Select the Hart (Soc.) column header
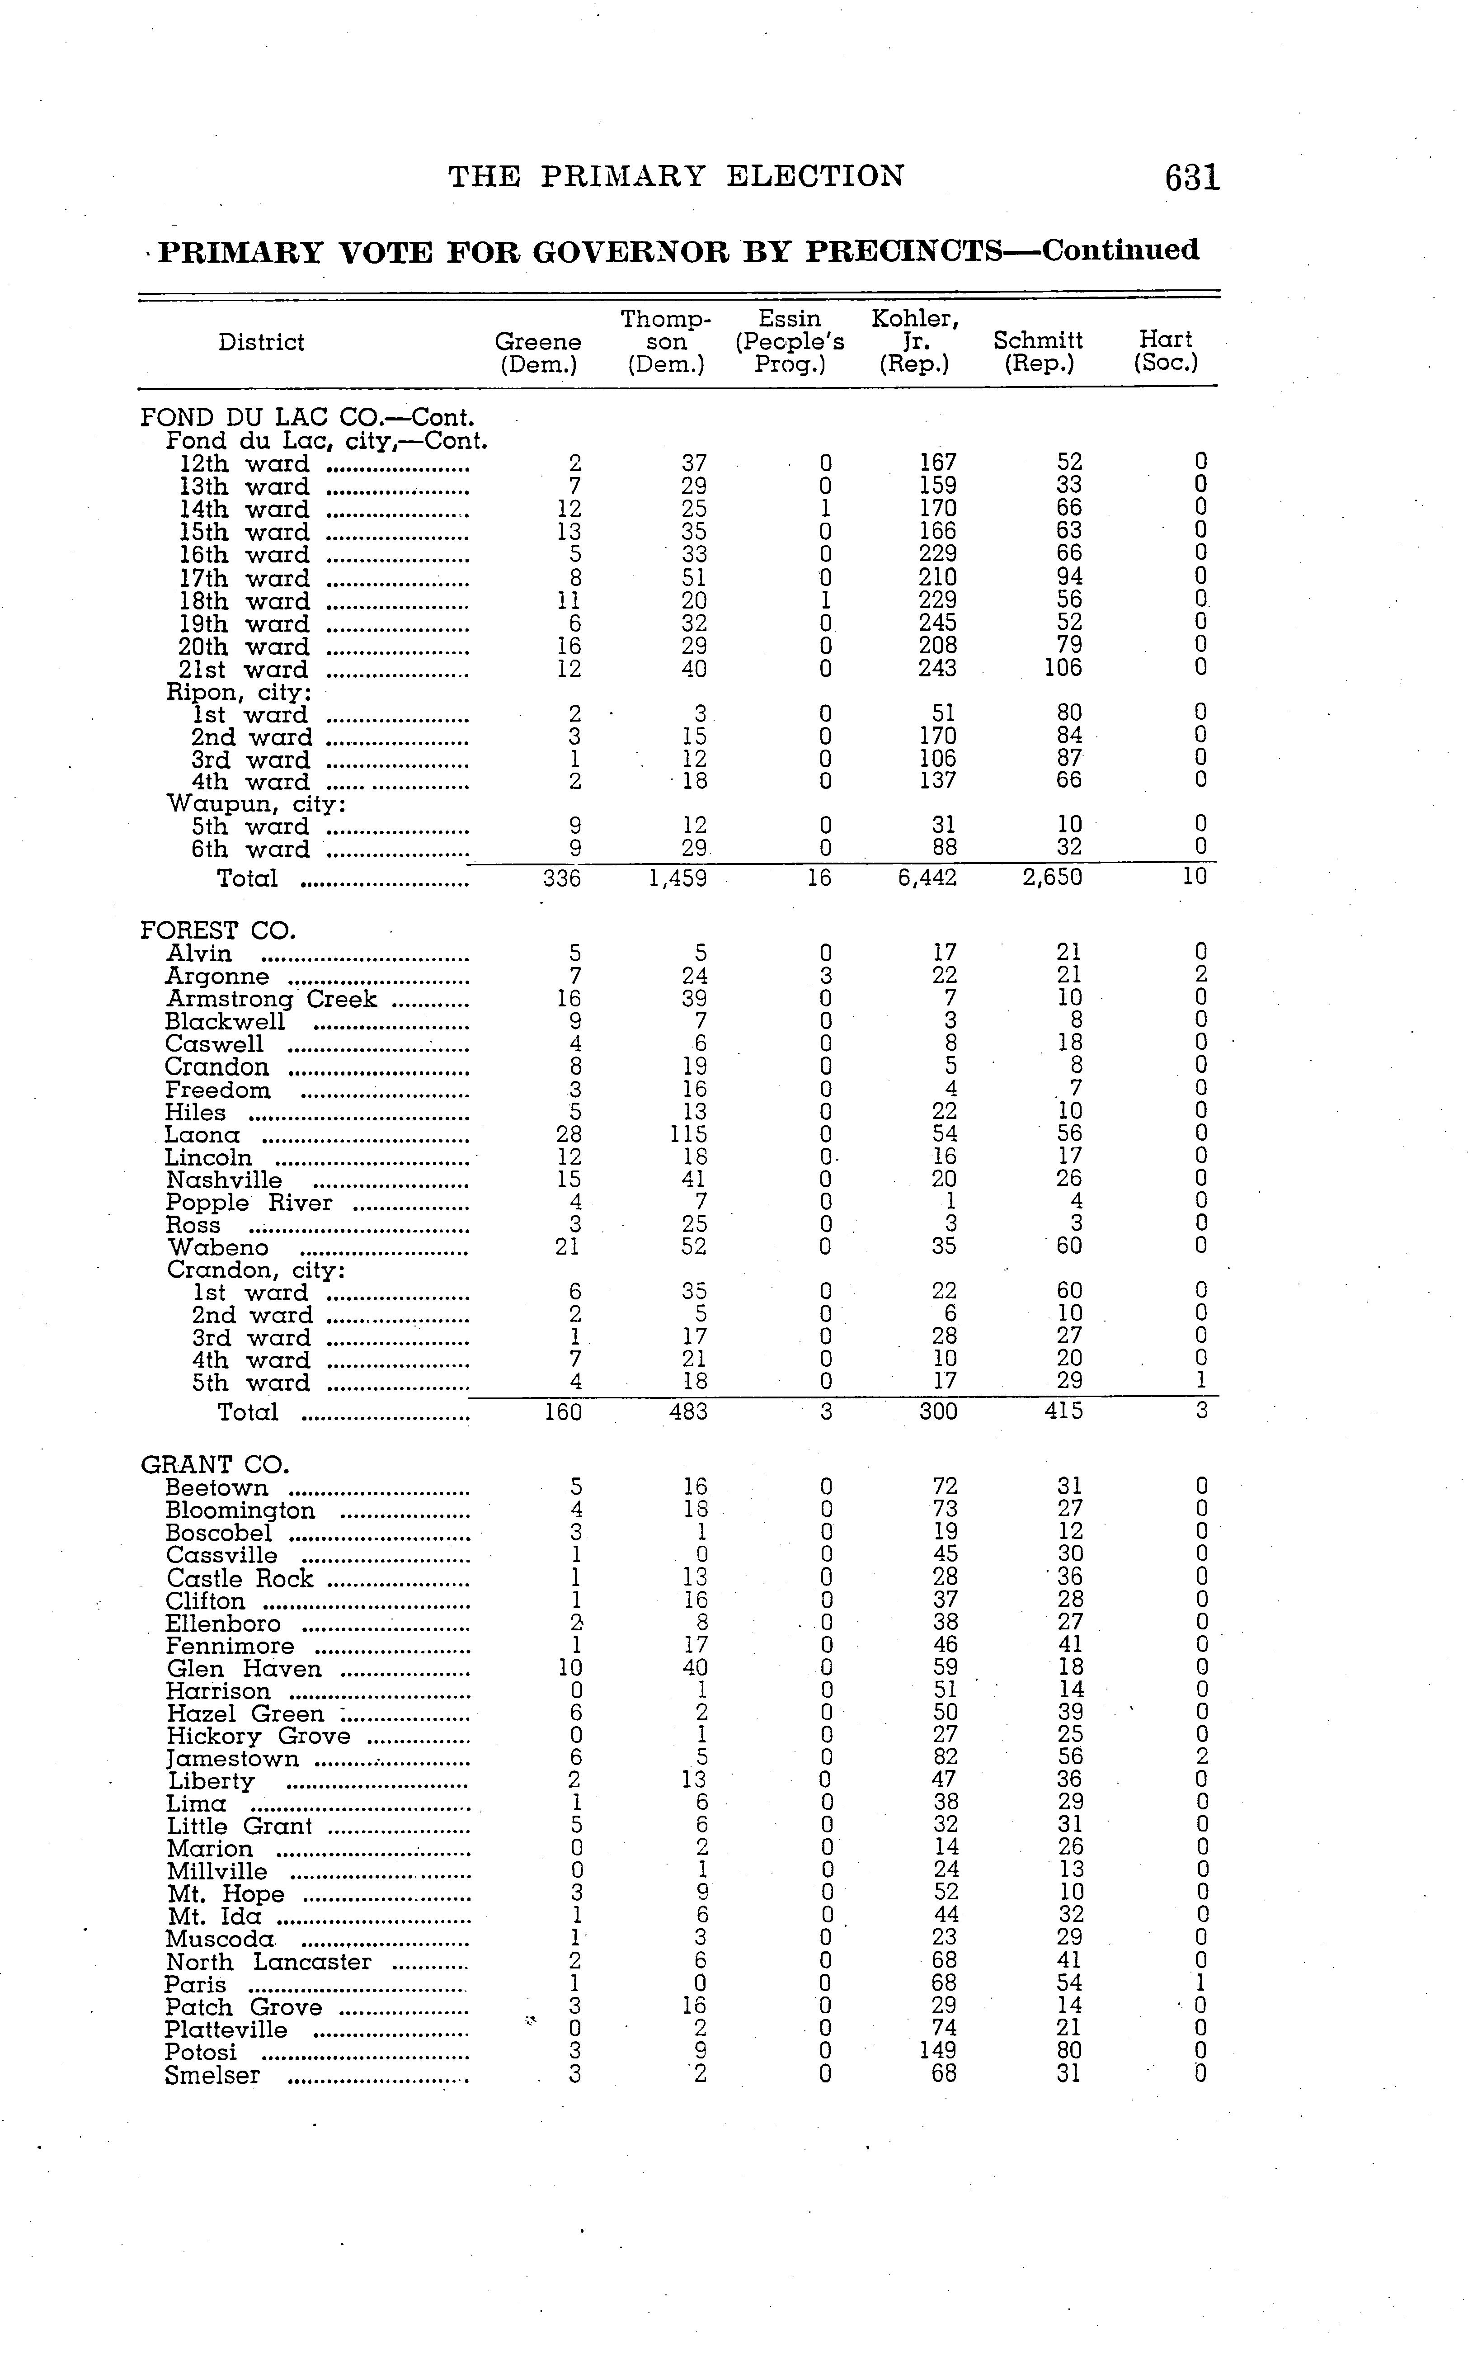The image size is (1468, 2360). pos(1165,352)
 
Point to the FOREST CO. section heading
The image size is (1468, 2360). pos(217,930)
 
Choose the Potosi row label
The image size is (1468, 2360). pos(201,2052)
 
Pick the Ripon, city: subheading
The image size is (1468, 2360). pos(239,693)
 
